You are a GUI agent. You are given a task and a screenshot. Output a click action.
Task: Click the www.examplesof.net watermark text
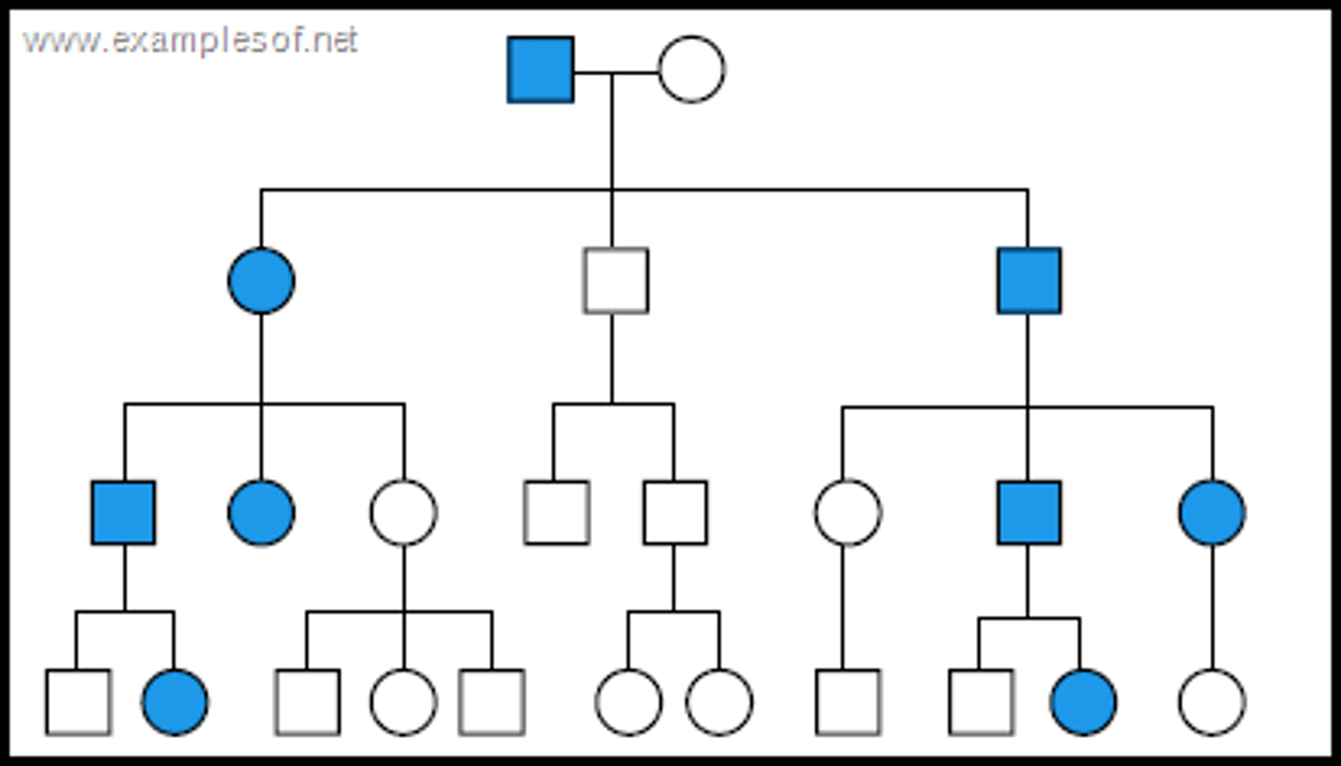[190, 42]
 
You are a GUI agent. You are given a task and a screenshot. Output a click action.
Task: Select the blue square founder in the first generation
[540, 70]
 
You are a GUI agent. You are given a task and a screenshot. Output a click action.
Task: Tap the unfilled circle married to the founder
[691, 70]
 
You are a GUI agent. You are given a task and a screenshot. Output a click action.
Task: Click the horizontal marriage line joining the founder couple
[616, 72]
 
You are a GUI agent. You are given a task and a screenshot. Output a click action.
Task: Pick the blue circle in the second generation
[262, 280]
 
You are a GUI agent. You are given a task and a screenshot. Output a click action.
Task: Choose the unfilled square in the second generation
[616, 280]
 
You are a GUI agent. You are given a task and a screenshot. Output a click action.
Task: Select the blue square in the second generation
[1028, 280]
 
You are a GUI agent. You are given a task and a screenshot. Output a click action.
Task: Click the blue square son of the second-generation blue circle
[124, 513]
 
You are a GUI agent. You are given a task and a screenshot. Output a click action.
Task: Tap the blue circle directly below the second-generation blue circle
[262, 513]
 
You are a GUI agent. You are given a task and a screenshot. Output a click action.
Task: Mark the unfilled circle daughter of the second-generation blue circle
[403, 513]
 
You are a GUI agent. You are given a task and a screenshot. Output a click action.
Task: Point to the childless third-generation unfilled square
[556, 513]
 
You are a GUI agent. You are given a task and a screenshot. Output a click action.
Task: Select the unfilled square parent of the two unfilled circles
[674, 513]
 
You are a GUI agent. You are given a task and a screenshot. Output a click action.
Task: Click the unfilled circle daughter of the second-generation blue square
[847, 513]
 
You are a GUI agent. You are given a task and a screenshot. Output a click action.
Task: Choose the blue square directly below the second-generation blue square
[1028, 513]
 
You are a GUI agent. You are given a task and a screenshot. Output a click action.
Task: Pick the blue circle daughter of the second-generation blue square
[1211, 513]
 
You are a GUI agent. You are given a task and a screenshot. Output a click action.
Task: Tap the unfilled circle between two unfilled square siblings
[403, 702]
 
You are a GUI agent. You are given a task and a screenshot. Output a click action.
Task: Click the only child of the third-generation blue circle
[1211, 702]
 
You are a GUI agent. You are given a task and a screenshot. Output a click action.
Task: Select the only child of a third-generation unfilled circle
[847, 702]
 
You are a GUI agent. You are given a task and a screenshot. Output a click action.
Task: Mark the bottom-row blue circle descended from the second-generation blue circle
[175, 702]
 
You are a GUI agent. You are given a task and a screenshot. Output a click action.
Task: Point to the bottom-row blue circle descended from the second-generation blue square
[1082, 702]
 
